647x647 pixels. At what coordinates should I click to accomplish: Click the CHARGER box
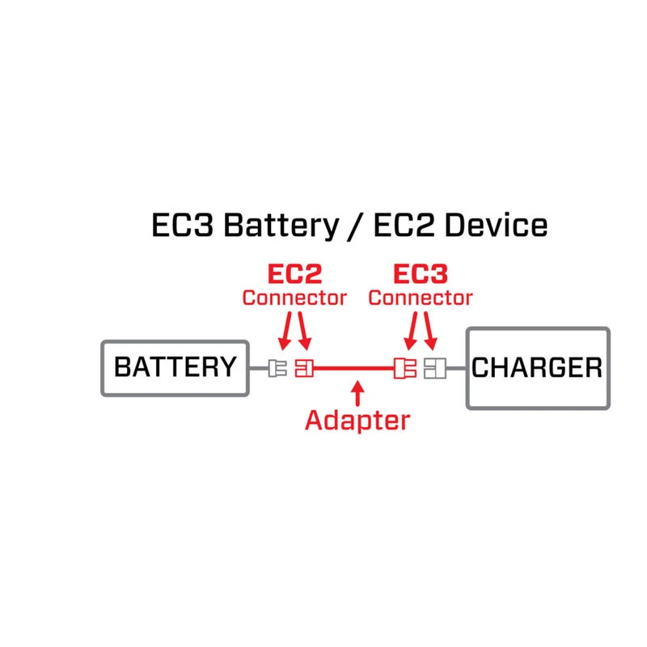(x=536, y=368)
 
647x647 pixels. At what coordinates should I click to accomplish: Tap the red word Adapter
(x=357, y=420)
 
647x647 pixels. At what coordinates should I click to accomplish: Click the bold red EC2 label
(x=294, y=273)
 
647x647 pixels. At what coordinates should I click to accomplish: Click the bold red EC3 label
(x=421, y=273)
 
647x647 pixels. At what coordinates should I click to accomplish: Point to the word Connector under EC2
(x=294, y=298)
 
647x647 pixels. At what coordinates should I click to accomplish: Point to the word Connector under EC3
(x=421, y=298)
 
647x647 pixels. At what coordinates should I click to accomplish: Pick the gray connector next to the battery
(x=278, y=368)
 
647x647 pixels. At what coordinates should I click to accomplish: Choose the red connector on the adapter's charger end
(x=404, y=368)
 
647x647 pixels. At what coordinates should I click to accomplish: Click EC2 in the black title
(x=406, y=225)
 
